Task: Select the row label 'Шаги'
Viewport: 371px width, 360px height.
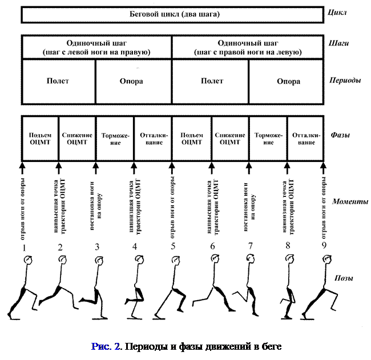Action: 339,43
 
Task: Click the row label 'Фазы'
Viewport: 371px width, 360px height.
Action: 340,136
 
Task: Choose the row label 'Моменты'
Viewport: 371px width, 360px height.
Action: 349,202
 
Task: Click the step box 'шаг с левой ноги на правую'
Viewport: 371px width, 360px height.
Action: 96,47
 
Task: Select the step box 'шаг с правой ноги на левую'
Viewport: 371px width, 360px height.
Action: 248,47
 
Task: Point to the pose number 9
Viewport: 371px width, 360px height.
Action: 325,246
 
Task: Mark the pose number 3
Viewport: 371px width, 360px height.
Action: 97,247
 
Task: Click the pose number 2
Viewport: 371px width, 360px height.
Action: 59,247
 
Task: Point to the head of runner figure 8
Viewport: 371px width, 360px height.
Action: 289,261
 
